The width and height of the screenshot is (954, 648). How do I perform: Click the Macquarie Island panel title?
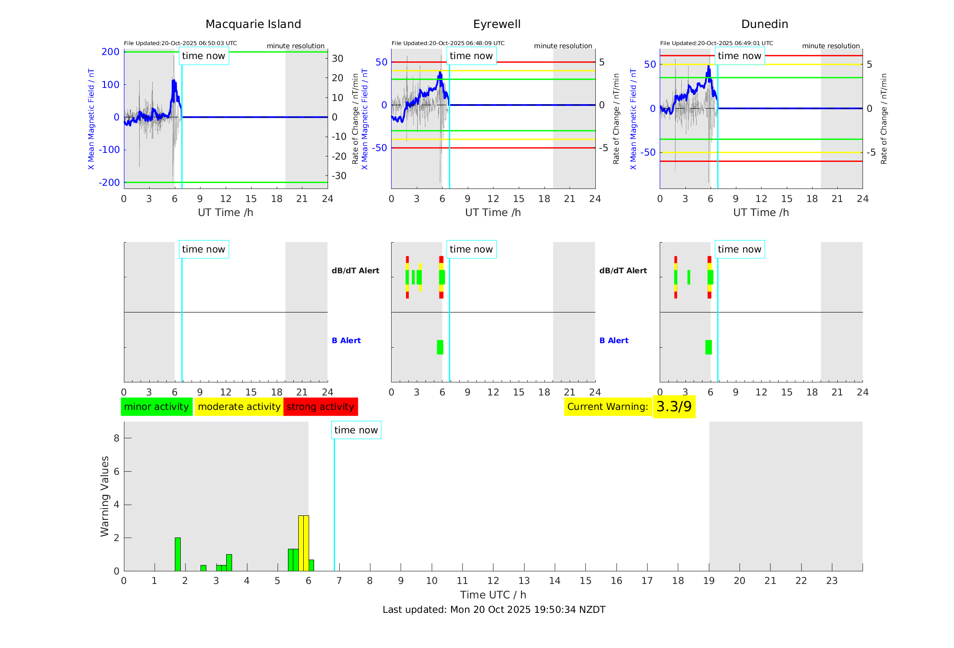(253, 24)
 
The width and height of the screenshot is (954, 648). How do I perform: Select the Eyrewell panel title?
(497, 24)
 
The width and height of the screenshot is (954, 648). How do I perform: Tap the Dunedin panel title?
(764, 24)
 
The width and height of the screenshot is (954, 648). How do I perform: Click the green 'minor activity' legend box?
(156, 407)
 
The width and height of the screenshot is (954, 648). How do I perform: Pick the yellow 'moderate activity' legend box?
(239, 407)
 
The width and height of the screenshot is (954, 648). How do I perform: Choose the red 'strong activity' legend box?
(320, 407)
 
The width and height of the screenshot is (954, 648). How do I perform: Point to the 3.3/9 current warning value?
(674, 407)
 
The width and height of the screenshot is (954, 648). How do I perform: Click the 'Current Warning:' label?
(607, 407)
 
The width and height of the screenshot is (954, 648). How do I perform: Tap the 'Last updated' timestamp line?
(494, 610)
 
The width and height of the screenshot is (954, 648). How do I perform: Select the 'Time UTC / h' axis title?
(493, 595)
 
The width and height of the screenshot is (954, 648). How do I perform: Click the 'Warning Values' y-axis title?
(105, 496)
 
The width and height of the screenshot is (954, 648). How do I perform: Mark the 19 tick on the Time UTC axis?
(709, 581)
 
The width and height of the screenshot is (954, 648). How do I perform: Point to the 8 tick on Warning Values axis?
(116, 438)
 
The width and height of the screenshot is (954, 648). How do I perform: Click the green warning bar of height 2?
(178, 554)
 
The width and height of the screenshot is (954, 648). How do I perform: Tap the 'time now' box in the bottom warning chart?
(356, 430)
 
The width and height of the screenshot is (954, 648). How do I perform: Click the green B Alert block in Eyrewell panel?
(440, 347)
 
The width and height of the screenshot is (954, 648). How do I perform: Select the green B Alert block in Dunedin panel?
(708, 347)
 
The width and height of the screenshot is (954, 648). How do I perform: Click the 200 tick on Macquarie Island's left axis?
(110, 52)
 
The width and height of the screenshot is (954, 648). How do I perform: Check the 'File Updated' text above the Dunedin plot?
(717, 43)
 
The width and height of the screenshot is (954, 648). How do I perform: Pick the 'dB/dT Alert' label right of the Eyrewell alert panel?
(623, 271)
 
